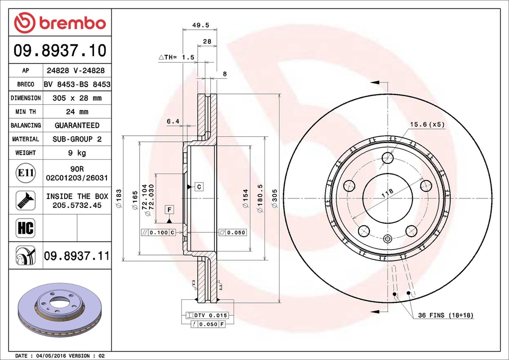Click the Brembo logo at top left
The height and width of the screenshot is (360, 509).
[x=60, y=23]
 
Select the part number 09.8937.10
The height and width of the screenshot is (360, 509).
[x=60, y=50]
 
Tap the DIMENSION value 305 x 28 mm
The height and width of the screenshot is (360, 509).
[x=77, y=98]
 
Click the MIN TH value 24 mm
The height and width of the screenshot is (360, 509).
[x=77, y=112]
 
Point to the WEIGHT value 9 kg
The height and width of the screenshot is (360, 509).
[x=77, y=153]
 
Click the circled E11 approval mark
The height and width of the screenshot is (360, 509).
[x=26, y=173]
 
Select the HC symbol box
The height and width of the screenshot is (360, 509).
[x=26, y=228]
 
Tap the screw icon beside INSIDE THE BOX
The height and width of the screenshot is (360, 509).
[x=26, y=200]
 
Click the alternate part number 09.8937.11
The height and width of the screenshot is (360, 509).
[x=77, y=256]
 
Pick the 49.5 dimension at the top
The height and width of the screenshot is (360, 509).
[x=201, y=25]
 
